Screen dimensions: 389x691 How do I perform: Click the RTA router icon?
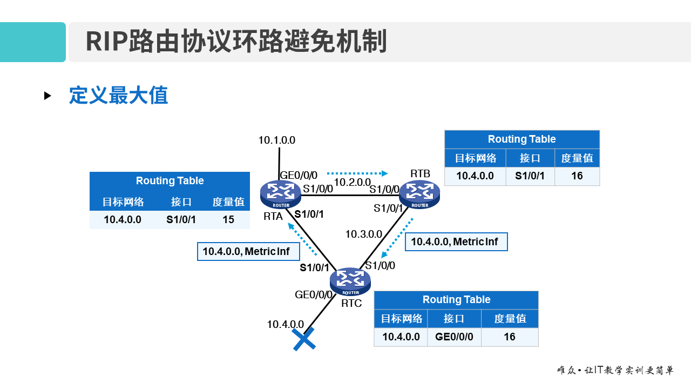click(280, 194)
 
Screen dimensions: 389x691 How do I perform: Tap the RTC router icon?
click(350, 281)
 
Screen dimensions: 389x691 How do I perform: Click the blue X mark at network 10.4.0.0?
click(304, 339)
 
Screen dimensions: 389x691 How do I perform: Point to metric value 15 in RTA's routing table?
click(228, 219)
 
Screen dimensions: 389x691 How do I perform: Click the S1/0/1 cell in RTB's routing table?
click(530, 176)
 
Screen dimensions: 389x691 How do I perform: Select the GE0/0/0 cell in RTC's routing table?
click(454, 337)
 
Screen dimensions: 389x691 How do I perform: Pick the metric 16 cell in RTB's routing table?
click(577, 176)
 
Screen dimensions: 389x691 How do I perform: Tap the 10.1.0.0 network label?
click(276, 140)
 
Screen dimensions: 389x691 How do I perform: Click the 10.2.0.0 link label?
click(353, 182)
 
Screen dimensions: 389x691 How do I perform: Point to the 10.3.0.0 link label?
click(363, 234)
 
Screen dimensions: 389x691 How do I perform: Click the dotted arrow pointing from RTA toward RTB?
click(357, 173)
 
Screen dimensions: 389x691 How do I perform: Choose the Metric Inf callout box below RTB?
click(456, 242)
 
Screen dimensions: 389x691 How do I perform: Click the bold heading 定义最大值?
click(118, 96)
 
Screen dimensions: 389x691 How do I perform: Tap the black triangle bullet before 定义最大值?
click(48, 96)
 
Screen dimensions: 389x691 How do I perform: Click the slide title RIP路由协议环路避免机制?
click(236, 42)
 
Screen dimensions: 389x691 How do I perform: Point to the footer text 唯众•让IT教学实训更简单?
click(615, 371)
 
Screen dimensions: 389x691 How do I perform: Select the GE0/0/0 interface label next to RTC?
click(314, 294)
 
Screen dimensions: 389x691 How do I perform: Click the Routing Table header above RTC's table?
click(456, 300)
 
